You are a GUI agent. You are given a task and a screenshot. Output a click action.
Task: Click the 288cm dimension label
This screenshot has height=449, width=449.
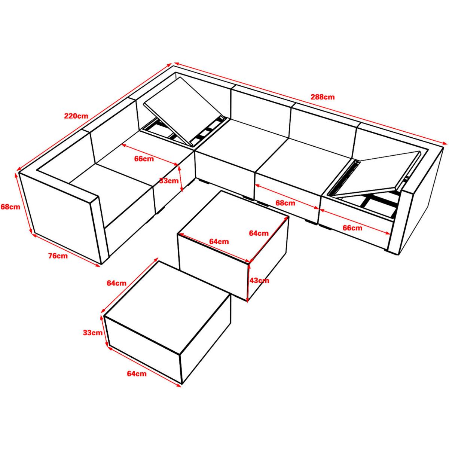point(323,97)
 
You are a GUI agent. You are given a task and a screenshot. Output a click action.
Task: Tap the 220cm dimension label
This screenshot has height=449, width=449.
point(76,116)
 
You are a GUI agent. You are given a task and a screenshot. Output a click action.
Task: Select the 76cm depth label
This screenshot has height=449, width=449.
point(58,256)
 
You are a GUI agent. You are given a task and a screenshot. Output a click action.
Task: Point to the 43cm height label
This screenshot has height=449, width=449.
point(259,280)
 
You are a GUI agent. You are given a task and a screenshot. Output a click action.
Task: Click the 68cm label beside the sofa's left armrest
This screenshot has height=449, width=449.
point(10,207)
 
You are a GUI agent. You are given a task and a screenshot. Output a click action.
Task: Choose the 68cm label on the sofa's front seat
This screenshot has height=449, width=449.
point(285,203)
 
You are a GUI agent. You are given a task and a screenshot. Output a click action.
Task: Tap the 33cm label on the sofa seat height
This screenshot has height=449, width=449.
point(169,181)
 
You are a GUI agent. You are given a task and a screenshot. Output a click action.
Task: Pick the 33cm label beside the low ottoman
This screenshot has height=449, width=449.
point(93,333)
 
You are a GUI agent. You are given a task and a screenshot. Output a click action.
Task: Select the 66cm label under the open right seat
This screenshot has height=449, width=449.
point(352,227)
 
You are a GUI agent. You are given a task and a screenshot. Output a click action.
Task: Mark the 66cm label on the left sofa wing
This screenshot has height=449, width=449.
point(144,159)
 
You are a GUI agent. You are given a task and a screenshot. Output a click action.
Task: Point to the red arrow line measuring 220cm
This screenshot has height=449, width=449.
point(95,116)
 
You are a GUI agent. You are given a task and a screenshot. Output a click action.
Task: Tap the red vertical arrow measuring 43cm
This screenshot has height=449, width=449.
point(249,281)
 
